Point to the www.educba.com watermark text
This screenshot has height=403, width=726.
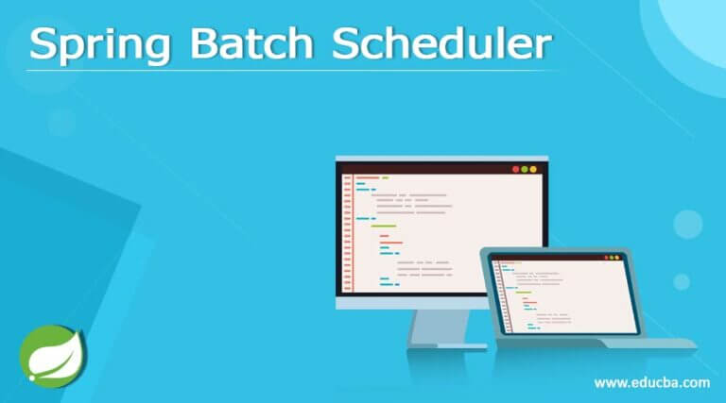click(651, 382)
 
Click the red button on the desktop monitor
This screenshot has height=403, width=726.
click(516, 169)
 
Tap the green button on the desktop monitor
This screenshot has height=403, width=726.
click(525, 169)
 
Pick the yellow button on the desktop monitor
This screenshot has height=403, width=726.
click(533, 169)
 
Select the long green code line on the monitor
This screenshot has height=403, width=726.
click(384, 227)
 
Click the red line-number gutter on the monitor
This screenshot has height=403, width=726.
click(347, 230)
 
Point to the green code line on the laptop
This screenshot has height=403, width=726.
click(523, 292)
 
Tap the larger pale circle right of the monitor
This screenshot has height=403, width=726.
click(687, 224)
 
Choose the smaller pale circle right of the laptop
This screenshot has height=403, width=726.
click(681, 280)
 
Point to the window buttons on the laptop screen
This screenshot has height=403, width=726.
click(614, 257)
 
